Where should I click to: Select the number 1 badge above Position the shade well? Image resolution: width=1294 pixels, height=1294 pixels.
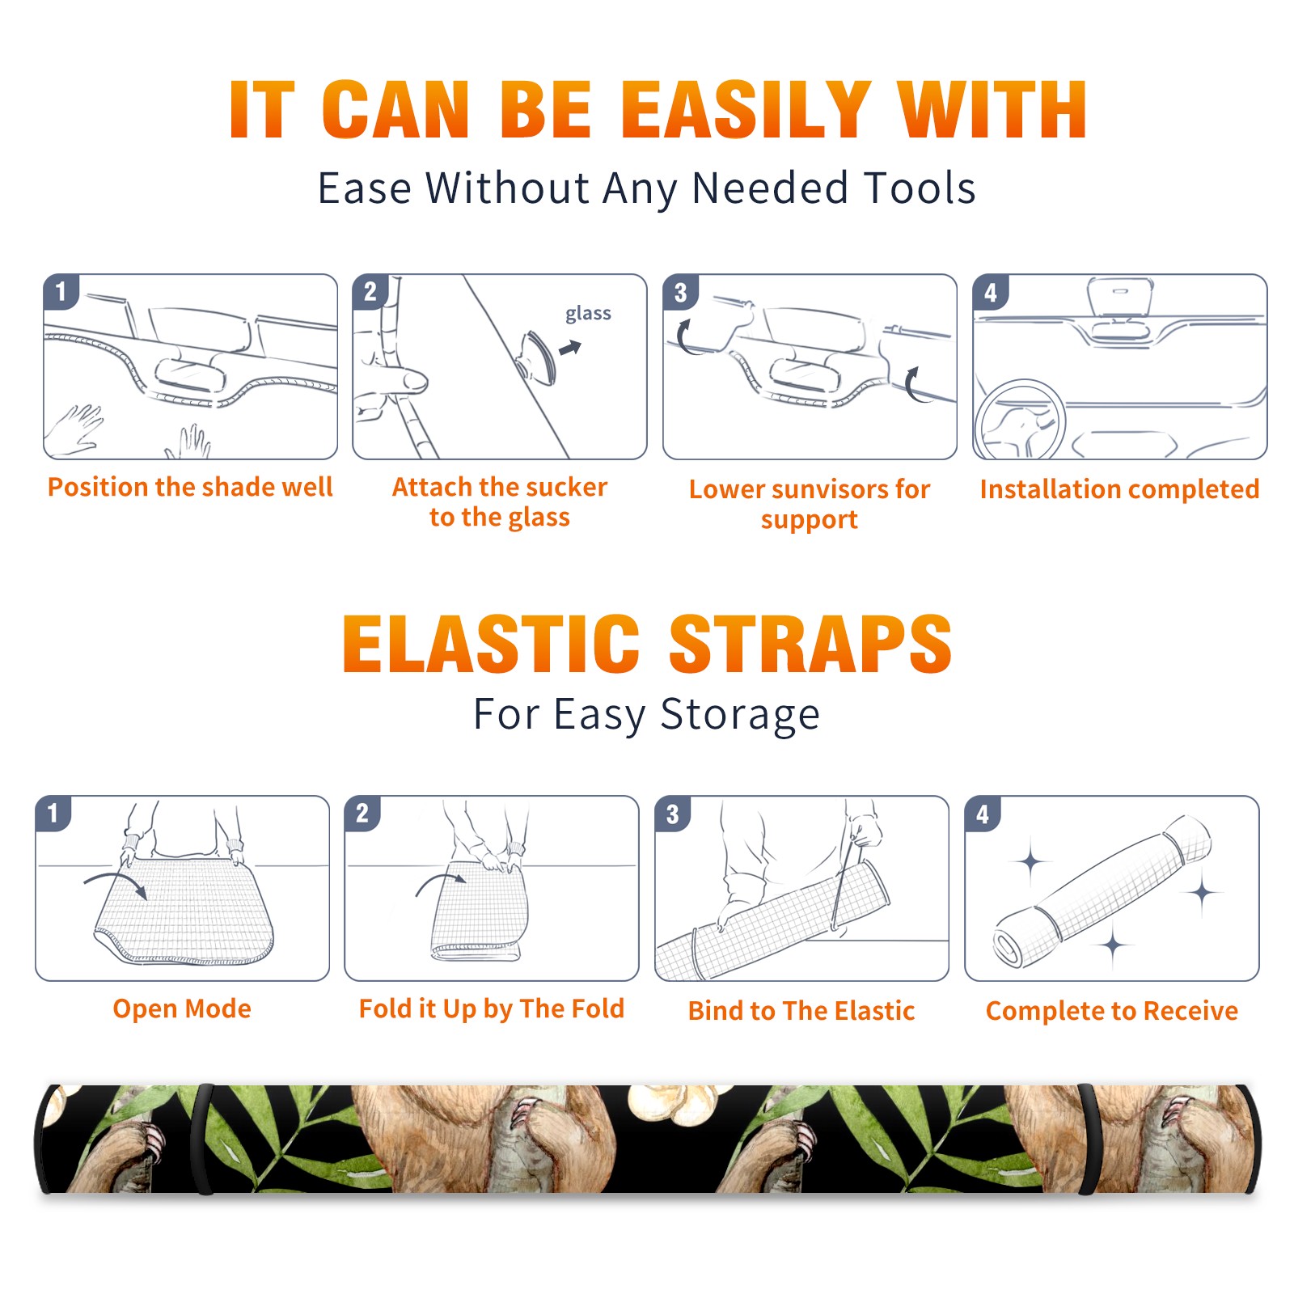click(61, 291)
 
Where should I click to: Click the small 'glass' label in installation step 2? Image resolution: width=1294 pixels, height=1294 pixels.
click(588, 314)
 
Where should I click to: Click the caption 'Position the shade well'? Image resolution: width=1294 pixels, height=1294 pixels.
click(190, 487)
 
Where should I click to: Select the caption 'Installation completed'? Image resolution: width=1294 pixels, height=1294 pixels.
click(1119, 489)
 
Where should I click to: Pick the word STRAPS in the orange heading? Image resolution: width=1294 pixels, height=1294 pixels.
click(810, 644)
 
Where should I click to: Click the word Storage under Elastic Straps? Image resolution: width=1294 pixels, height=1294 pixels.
click(740, 715)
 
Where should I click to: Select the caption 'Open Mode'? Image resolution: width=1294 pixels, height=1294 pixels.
click(182, 1009)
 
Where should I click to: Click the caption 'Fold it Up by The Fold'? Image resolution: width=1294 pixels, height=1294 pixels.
click(492, 1009)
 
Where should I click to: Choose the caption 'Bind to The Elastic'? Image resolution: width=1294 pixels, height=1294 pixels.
click(801, 1011)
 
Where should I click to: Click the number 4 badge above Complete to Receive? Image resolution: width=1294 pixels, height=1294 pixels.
click(983, 814)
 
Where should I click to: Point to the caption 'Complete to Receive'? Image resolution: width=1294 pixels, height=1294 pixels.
click(1112, 1011)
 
